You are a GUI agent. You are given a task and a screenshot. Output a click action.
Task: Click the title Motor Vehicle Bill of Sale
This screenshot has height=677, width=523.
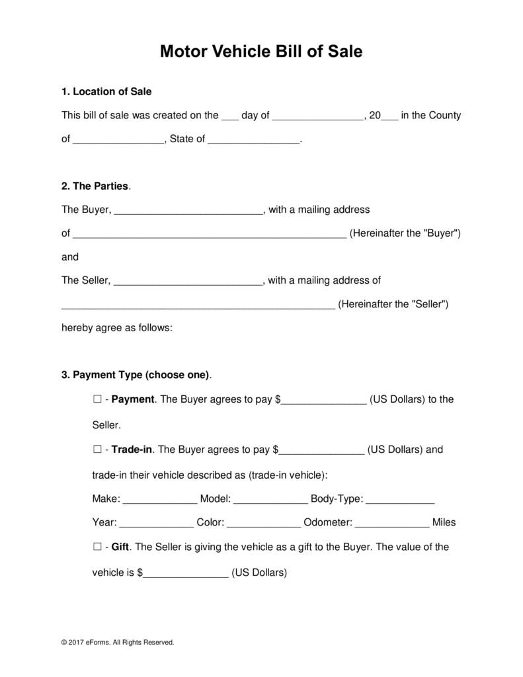[x=261, y=52]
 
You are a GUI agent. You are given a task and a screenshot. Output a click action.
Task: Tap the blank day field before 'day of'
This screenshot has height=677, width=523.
[x=229, y=116]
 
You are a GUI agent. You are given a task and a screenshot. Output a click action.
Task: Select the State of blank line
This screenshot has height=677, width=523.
[x=254, y=140]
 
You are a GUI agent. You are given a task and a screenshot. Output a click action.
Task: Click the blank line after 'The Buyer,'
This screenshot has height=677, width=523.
[x=189, y=211]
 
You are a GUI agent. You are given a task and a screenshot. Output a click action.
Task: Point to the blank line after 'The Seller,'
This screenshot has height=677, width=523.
[x=189, y=281]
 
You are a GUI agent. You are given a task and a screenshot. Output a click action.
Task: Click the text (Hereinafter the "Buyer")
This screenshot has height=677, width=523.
[x=405, y=233]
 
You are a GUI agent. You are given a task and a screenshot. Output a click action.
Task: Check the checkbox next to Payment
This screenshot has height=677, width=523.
[x=97, y=399]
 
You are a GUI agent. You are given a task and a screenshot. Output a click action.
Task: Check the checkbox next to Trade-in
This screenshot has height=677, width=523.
[x=97, y=450]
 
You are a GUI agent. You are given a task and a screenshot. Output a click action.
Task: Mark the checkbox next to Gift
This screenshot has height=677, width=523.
[x=97, y=547]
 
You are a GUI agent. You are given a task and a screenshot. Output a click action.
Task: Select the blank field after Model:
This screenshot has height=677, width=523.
[x=270, y=499]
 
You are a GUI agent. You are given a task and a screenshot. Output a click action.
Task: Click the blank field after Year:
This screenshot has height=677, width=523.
[x=157, y=523]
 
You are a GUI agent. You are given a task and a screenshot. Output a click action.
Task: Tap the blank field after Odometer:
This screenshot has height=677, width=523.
[x=392, y=523]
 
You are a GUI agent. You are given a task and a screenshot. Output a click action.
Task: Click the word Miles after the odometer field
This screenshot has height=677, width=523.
[x=444, y=522]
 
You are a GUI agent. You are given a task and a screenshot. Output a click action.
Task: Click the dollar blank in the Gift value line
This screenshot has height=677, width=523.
[x=186, y=573]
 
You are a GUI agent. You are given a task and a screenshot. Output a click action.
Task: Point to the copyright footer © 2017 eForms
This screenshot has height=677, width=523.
[x=118, y=642]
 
